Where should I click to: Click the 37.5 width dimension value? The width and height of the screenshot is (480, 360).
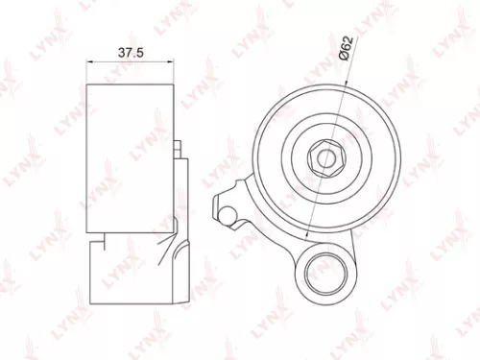[x=126, y=54]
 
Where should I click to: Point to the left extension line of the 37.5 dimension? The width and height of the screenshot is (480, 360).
[x=87, y=72]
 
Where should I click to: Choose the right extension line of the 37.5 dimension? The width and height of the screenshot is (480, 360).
[x=176, y=72]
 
